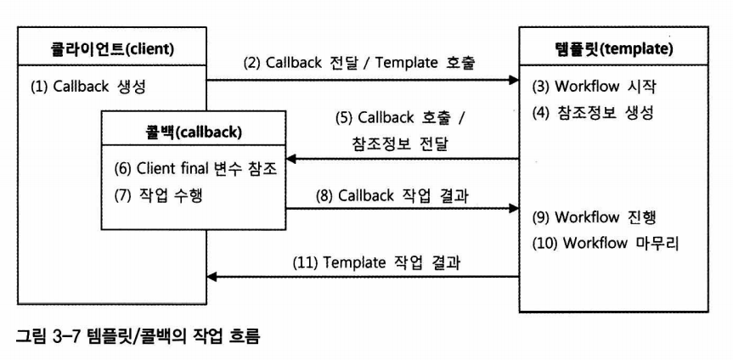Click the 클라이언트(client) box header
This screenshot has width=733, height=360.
tap(112, 48)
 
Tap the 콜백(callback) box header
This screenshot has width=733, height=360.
tap(193, 132)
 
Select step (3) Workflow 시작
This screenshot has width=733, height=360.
tap(593, 86)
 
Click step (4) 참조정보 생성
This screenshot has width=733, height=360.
tap(593, 111)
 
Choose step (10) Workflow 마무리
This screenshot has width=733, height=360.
tap(605, 242)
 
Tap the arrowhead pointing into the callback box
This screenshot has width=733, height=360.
tap(290, 159)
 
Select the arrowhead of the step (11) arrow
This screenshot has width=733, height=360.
tap(213, 276)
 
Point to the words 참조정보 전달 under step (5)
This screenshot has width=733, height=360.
tap(398, 143)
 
